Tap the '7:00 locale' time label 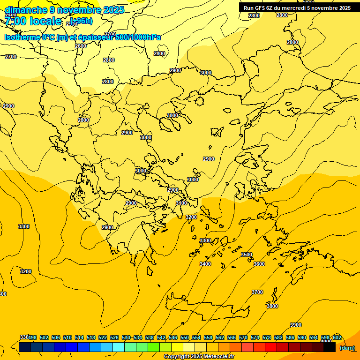33,21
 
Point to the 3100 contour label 181,203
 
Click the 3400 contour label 205,264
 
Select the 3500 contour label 247,255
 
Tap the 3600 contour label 259,264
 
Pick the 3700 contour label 257,292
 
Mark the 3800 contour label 272,306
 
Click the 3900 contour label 296,325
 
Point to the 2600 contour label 81,46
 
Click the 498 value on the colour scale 32,337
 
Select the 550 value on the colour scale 185,337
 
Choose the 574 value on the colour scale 255,337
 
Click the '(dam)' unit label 347,348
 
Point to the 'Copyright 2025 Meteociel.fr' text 199,357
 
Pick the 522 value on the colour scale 103,337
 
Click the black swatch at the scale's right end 330,347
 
